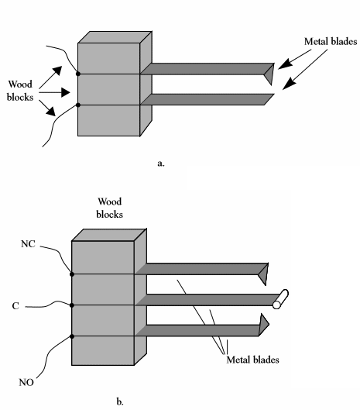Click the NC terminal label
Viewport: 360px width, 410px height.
tap(28, 244)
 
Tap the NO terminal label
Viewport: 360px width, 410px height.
tap(26, 383)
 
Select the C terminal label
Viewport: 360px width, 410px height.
tap(15, 305)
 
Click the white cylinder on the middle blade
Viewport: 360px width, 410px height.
tap(280, 299)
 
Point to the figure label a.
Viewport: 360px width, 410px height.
tap(161, 164)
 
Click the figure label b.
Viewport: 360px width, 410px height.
tap(120, 401)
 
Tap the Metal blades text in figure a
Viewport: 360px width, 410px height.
tap(331, 41)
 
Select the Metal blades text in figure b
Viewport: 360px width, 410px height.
tap(252, 360)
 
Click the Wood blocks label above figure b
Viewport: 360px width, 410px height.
tap(110, 208)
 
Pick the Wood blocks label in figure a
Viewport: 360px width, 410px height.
tap(20, 91)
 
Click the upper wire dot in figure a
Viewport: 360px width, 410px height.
tap(78, 74)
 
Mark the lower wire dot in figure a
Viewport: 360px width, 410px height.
tap(78, 105)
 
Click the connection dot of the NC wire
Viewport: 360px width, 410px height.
tap(72, 274)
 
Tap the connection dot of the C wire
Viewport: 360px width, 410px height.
tap(72, 305)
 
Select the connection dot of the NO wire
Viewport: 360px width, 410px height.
tap(72, 336)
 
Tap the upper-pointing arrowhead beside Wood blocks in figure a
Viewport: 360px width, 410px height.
tap(58, 71)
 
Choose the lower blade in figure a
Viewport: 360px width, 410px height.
tap(207, 100)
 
